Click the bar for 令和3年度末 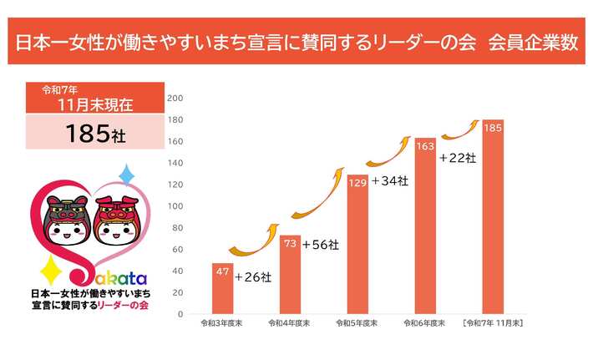222,289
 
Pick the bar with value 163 425,226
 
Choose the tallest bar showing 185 493,217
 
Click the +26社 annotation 253,276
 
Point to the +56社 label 321,245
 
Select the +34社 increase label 389,180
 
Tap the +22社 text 457,156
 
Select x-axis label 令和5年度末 357,322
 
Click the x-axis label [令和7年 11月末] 493,322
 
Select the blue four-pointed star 128,175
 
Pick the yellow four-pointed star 48,270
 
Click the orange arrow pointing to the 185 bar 460,129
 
